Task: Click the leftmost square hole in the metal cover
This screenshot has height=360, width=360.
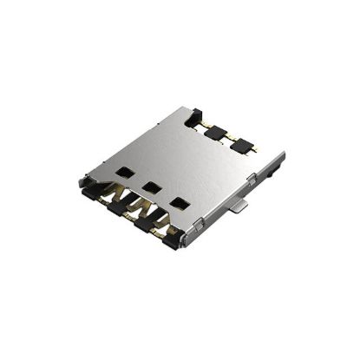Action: [x=123, y=171]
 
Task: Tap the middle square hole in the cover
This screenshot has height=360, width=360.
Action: [x=152, y=187]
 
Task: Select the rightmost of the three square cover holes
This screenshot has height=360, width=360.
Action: [x=180, y=204]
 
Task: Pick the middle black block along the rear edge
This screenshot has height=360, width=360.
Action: [x=216, y=132]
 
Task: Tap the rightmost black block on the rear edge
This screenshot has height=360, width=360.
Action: [x=240, y=145]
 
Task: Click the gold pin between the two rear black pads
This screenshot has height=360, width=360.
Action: [x=227, y=140]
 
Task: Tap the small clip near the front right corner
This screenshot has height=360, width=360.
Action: [x=201, y=225]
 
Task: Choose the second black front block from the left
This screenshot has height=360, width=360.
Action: [x=115, y=207]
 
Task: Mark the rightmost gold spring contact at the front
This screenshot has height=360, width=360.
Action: [x=159, y=227]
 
